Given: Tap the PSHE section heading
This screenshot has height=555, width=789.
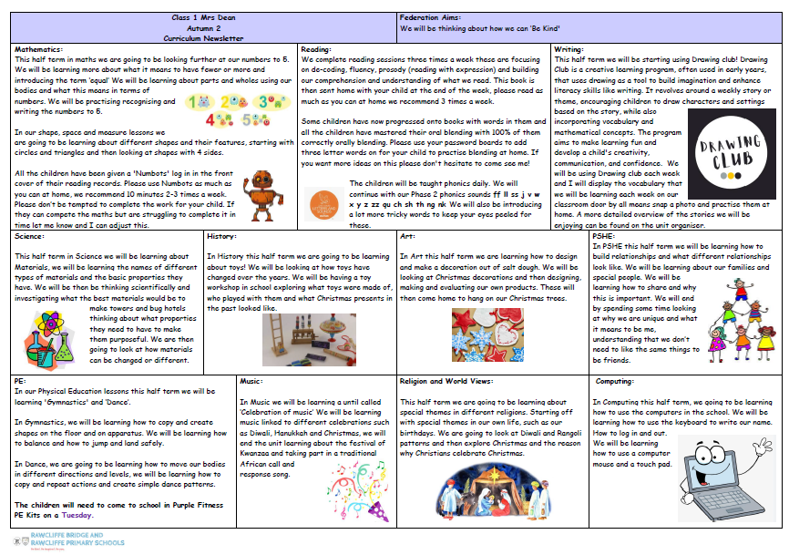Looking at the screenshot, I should pyautogui.click(x=603, y=235).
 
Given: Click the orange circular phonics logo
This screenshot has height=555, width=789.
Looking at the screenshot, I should pyautogui.click(x=324, y=205).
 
